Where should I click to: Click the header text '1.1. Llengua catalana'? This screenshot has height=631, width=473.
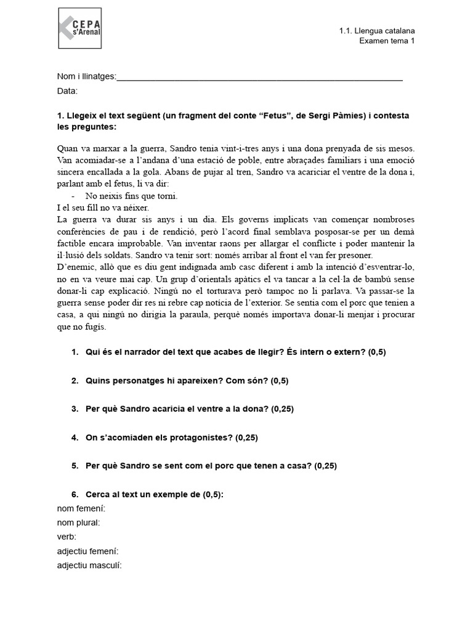[x=376, y=30]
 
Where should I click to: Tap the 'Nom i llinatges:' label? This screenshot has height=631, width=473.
[x=86, y=76]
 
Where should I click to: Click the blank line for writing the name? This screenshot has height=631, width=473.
[x=259, y=78]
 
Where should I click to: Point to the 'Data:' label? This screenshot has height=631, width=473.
[x=67, y=91]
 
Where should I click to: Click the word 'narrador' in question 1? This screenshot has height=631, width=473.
[x=135, y=352]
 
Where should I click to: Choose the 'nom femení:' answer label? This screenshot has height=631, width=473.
[x=81, y=508]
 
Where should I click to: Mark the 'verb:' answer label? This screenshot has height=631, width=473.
[x=67, y=536]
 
